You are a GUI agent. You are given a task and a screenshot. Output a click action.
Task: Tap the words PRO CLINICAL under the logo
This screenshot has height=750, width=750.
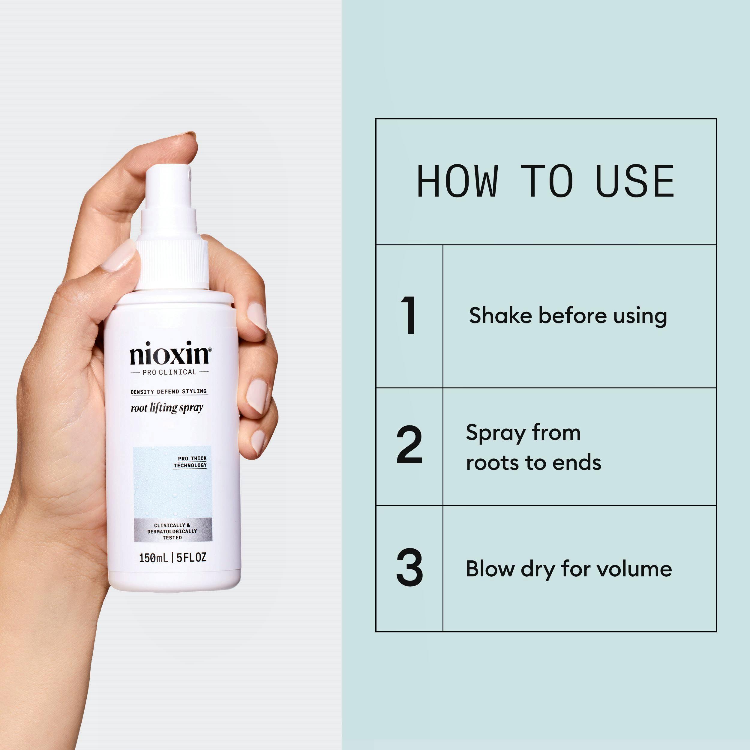point(169,372)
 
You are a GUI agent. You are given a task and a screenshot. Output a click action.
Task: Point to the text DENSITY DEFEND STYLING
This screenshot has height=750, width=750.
point(169,391)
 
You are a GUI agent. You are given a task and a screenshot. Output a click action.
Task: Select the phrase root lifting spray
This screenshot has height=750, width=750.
point(167,408)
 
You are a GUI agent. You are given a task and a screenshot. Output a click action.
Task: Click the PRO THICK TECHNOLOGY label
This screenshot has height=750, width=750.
point(190,462)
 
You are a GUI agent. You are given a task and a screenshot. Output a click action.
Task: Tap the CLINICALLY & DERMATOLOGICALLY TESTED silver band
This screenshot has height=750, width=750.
point(173,529)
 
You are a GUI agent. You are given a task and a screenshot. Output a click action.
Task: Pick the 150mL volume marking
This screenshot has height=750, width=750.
point(154,558)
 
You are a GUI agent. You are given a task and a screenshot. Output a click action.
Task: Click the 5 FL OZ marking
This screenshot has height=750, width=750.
point(191,557)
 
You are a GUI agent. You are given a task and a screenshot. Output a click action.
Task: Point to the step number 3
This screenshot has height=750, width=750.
point(409,568)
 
